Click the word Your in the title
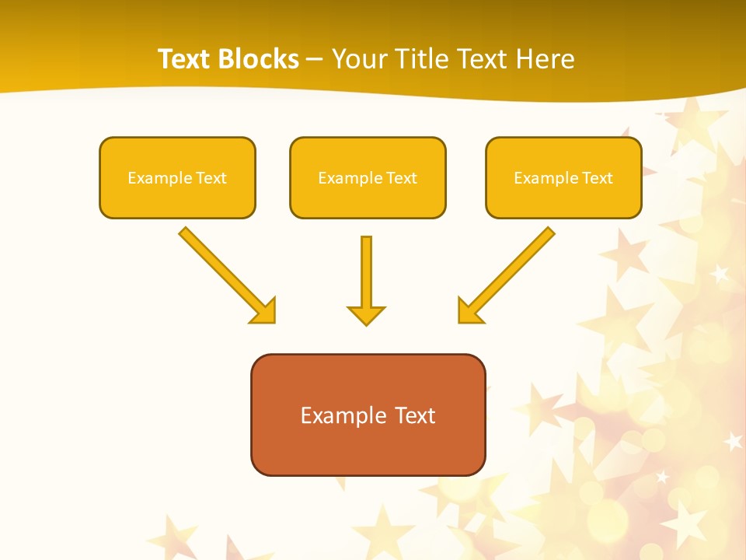click(357, 59)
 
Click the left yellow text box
click(177, 177)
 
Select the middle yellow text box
click(368, 177)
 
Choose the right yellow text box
click(563, 177)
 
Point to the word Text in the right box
click(597, 178)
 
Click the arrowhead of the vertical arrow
click(366, 314)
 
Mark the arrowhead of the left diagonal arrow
click(264, 311)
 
